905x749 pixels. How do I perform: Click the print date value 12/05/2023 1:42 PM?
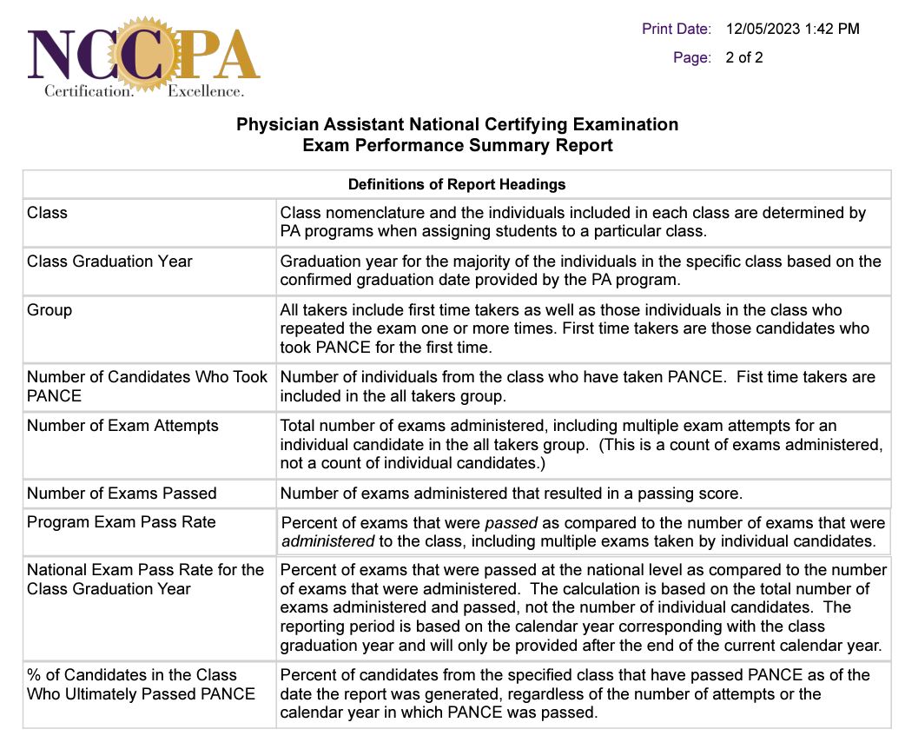[x=792, y=29]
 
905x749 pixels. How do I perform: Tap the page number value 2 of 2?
[x=744, y=58]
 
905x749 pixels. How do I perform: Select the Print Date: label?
[x=677, y=29]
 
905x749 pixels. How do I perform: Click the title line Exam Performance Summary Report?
[x=457, y=146]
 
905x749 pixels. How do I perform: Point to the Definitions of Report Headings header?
[x=457, y=184]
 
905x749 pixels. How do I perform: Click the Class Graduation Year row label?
[x=109, y=261]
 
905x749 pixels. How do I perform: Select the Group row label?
[x=50, y=309]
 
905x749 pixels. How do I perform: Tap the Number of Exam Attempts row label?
[x=122, y=425]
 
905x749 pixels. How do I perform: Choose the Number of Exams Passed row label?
[x=122, y=493]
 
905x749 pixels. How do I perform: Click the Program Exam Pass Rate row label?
[x=121, y=521]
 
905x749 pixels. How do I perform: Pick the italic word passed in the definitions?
[x=512, y=523]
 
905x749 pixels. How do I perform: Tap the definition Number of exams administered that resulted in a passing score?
[x=511, y=494]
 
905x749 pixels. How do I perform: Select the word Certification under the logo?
[x=89, y=90]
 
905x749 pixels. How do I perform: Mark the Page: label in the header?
[x=692, y=58]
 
